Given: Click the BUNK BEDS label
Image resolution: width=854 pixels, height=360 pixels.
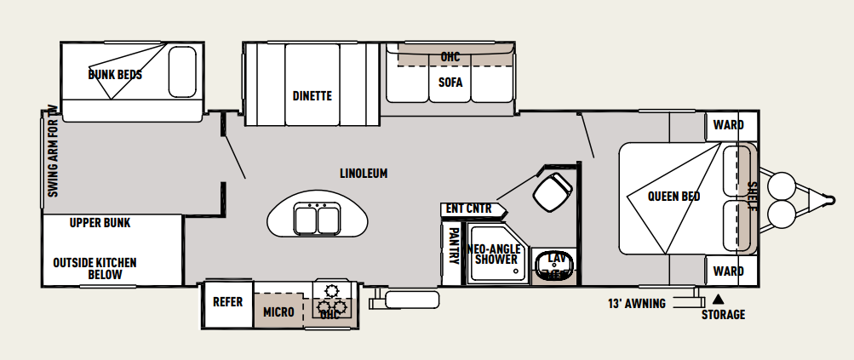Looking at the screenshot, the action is [x=115, y=75].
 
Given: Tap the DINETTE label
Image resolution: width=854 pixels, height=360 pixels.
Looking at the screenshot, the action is [x=312, y=96].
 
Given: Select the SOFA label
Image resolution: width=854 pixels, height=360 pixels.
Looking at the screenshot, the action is [x=450, y=83].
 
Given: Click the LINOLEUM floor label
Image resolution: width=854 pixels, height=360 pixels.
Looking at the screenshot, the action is [x=364, y=174].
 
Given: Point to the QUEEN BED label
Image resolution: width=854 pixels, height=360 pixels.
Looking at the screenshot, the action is [x=673, y=197].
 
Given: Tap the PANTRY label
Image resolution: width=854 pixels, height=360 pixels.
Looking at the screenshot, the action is [x=451, y=246].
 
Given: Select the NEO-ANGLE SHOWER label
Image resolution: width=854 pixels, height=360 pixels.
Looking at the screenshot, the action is [x=495, y=254].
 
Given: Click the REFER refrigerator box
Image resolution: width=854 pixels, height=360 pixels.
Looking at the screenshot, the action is [x=227, y=304].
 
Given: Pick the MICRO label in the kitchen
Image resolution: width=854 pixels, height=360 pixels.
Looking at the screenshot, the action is [x=279, y=312].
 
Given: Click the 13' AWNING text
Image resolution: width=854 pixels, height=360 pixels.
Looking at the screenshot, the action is [x=637, y=303].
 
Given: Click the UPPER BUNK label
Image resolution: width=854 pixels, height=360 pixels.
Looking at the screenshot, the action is [x=100, y=223].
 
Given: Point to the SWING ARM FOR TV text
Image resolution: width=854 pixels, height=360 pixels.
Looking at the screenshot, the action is [x=52, y=151].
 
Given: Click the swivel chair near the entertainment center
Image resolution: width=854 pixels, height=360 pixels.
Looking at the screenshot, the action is [x=553, y=191].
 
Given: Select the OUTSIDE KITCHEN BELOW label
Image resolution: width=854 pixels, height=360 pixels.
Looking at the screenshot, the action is [x=95, y=268].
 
